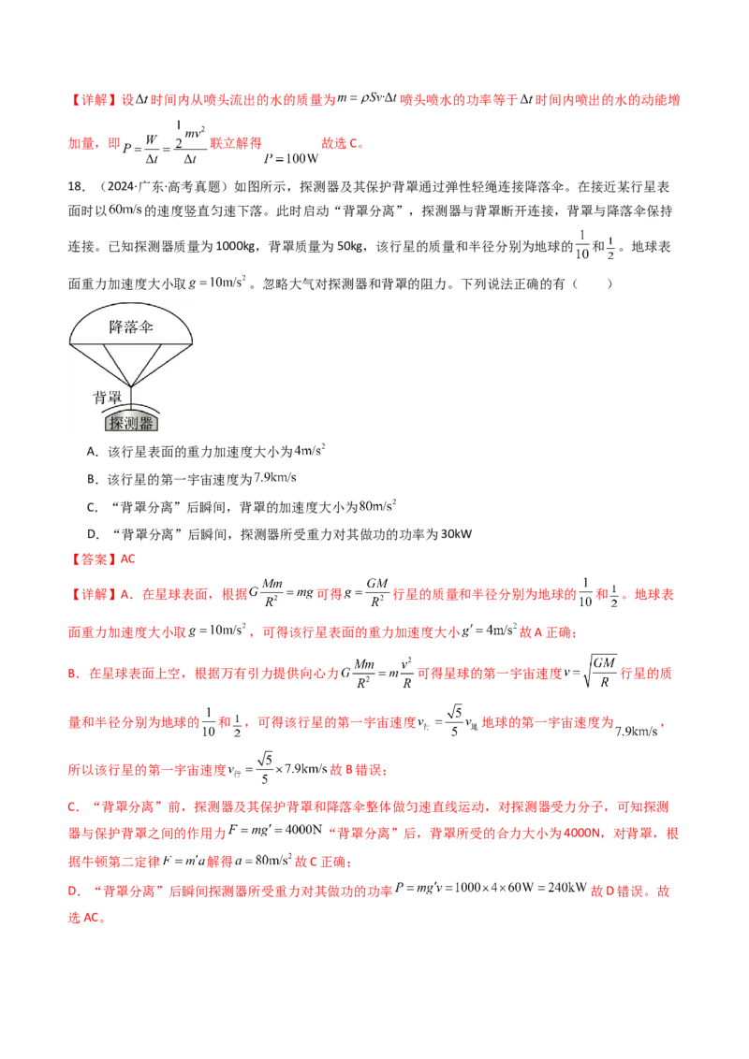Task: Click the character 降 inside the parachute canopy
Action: click(117, 326)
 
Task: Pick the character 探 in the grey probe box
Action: click(117, 423)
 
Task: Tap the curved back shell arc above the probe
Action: click(131, 408)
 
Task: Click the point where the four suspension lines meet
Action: click(131, 384)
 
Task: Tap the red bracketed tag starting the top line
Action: click(90, 97)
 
